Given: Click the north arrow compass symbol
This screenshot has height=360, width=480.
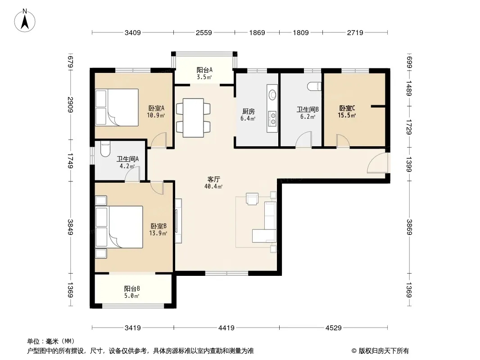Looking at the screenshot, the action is [25, 21].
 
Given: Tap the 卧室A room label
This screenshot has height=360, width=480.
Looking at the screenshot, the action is [156, 108].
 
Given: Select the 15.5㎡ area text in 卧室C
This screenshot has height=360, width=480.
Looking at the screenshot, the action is [347, 115].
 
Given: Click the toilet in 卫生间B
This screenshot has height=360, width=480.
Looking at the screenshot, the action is [314, 86].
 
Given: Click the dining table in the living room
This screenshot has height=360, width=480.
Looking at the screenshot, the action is [193, 118].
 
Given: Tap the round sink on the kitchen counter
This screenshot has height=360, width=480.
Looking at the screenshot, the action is [272, 94].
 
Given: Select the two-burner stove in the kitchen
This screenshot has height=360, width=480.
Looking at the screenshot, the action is [272, 119].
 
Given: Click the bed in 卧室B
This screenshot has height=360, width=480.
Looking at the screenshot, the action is [119, 227].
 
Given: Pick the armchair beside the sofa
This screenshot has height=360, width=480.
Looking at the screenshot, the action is [252, 199].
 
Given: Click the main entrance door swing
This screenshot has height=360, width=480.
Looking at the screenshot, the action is [378, 163].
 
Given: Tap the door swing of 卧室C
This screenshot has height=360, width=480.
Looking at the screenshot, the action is [343, 141].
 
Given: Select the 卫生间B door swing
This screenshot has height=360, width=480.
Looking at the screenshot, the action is [303, 140].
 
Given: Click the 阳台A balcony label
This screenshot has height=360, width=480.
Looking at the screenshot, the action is [204, 70].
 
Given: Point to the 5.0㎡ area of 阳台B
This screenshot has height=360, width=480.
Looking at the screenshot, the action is [131, 296].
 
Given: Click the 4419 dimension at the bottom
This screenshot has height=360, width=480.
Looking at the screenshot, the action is [226, 328].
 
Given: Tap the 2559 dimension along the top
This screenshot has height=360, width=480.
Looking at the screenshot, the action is [204, 32].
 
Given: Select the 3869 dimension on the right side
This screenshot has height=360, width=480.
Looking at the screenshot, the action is [409, 227].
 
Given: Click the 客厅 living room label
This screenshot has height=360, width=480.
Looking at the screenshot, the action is [213, 179].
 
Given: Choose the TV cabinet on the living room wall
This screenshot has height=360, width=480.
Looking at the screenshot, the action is [178, 221].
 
